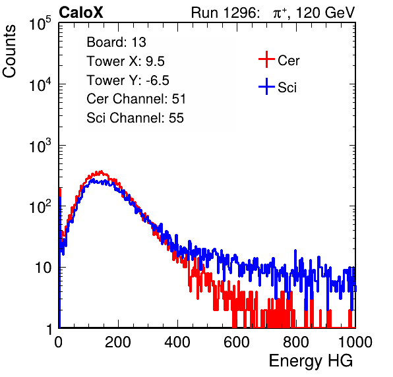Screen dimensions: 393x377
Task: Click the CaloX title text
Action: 81,13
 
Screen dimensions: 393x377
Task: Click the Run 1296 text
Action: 225,13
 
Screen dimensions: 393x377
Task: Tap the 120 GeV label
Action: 326,13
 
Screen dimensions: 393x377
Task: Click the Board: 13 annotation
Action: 116,42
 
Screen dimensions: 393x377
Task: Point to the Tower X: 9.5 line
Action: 125,61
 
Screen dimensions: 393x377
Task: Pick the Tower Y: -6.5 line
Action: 128,80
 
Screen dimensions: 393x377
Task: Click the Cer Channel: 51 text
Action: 136,99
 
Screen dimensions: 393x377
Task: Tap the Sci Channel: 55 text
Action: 135,118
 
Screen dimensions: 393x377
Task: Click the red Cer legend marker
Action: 266,59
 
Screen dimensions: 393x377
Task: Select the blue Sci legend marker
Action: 266,86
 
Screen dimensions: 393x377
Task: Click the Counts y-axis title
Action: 9,51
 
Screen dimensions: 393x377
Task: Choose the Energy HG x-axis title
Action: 311,361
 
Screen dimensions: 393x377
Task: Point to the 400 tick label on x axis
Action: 177,342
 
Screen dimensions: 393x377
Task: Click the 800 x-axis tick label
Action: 296,342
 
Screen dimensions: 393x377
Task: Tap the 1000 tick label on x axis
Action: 355,342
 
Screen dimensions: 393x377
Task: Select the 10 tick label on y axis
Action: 43,268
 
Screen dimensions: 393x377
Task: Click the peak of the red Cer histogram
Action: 101,171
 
